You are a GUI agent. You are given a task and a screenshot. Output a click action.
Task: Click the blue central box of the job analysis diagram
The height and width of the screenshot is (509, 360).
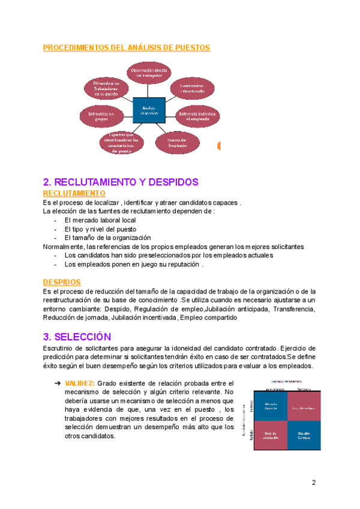pyautogui.click(x=148, y=110)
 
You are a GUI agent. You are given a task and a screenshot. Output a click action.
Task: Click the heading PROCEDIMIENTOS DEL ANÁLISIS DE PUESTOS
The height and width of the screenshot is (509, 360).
pyautogui.click(x=126, y=47)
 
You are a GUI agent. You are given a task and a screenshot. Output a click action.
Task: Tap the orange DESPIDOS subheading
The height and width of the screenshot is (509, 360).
pyautogui.click(x=62, y=282)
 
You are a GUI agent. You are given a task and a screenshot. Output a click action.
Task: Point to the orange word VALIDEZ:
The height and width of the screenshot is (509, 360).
pyautogui.click(x=80, y=383)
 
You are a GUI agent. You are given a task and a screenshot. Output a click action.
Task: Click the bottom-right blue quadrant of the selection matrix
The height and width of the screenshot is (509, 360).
pyautogui.click(x=304, y=435)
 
